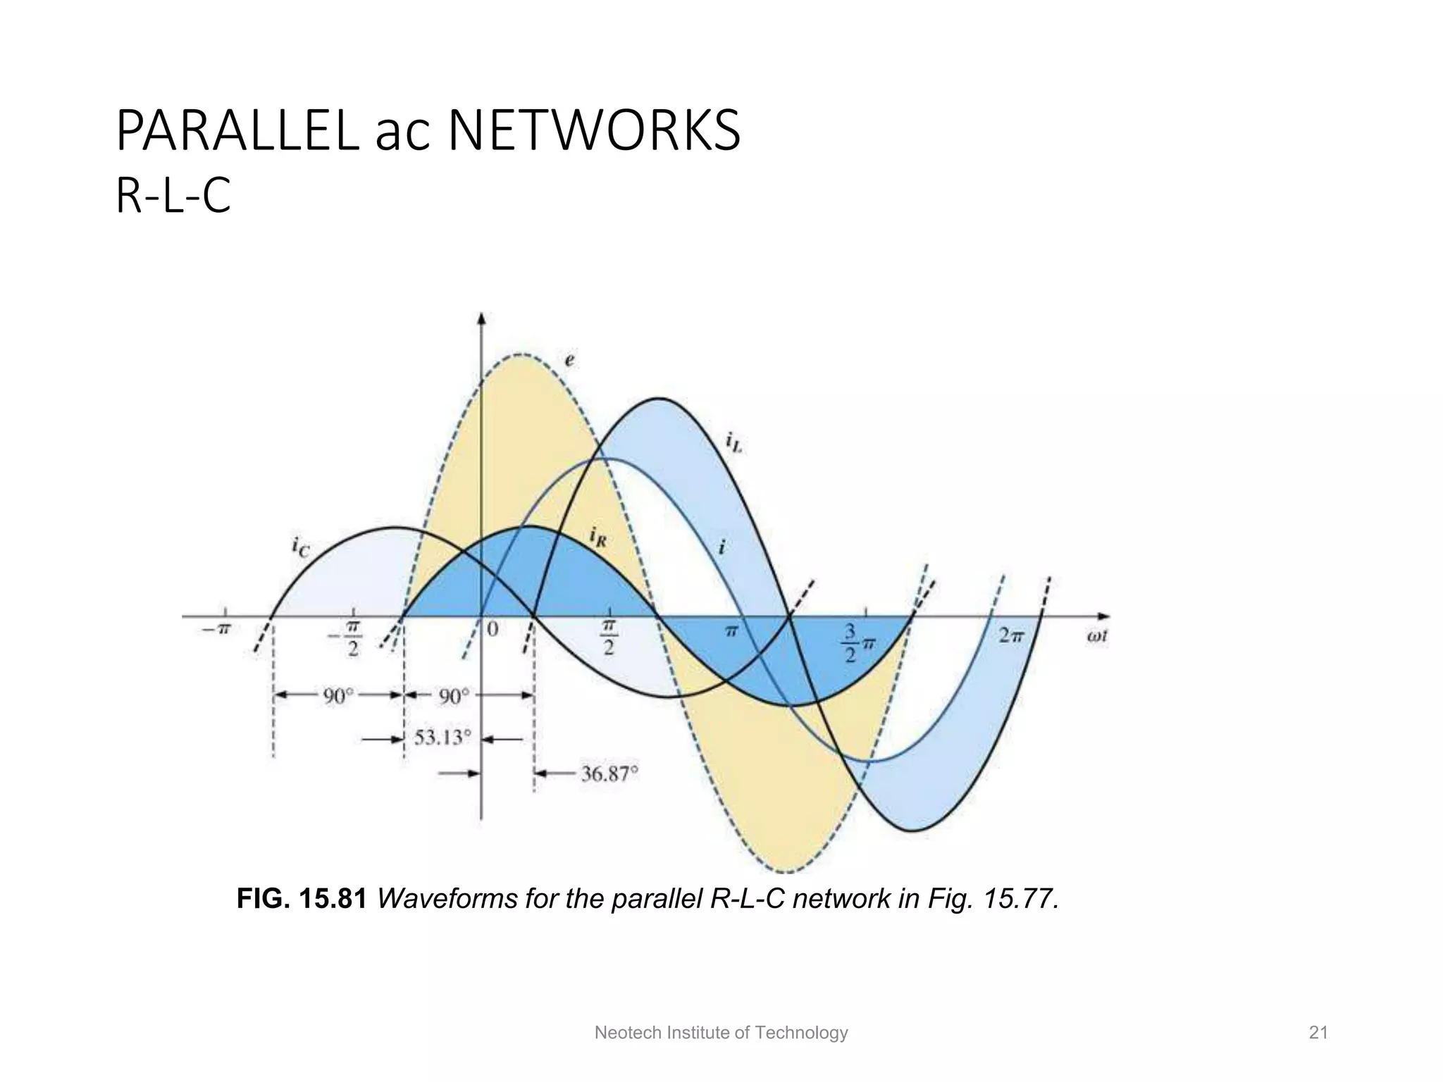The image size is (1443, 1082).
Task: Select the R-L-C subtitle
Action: (x=173, y=197)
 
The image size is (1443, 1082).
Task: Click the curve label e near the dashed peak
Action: (x=569, y=361)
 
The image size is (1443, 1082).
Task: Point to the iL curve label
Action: (x=733, y=442)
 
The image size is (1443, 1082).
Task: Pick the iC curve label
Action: (x=300, y=547)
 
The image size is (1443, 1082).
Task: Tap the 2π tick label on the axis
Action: (x=1010, y=635)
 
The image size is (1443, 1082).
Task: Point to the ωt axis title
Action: (x=1096, y=636)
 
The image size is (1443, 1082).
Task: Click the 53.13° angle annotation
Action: (x=442, y=738)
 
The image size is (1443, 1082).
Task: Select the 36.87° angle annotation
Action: (x=609, y=774)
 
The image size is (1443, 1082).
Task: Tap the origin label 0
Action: (x=493, y=629)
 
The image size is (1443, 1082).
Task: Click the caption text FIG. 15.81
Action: (x=302, y=899)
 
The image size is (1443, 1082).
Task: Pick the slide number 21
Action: (x=1318, y=1033)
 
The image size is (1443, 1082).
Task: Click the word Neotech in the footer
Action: (x=619, y=1033)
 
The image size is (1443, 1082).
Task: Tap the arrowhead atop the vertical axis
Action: (x=482, y=318)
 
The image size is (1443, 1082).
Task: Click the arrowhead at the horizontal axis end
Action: (x=1103, y=616)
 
